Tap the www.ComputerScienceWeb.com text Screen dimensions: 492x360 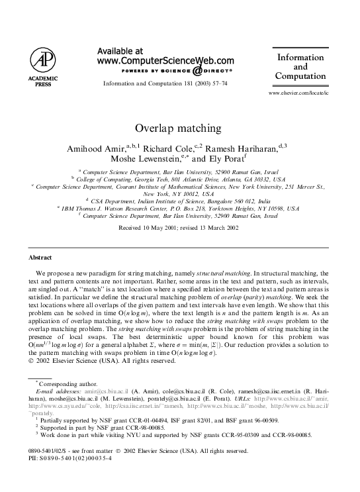(x=165, y=60)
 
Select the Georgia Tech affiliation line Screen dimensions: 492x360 (x=179, y=179)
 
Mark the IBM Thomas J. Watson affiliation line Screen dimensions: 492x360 (x=179, y=208)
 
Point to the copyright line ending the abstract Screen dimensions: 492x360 (x=103, y=361)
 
